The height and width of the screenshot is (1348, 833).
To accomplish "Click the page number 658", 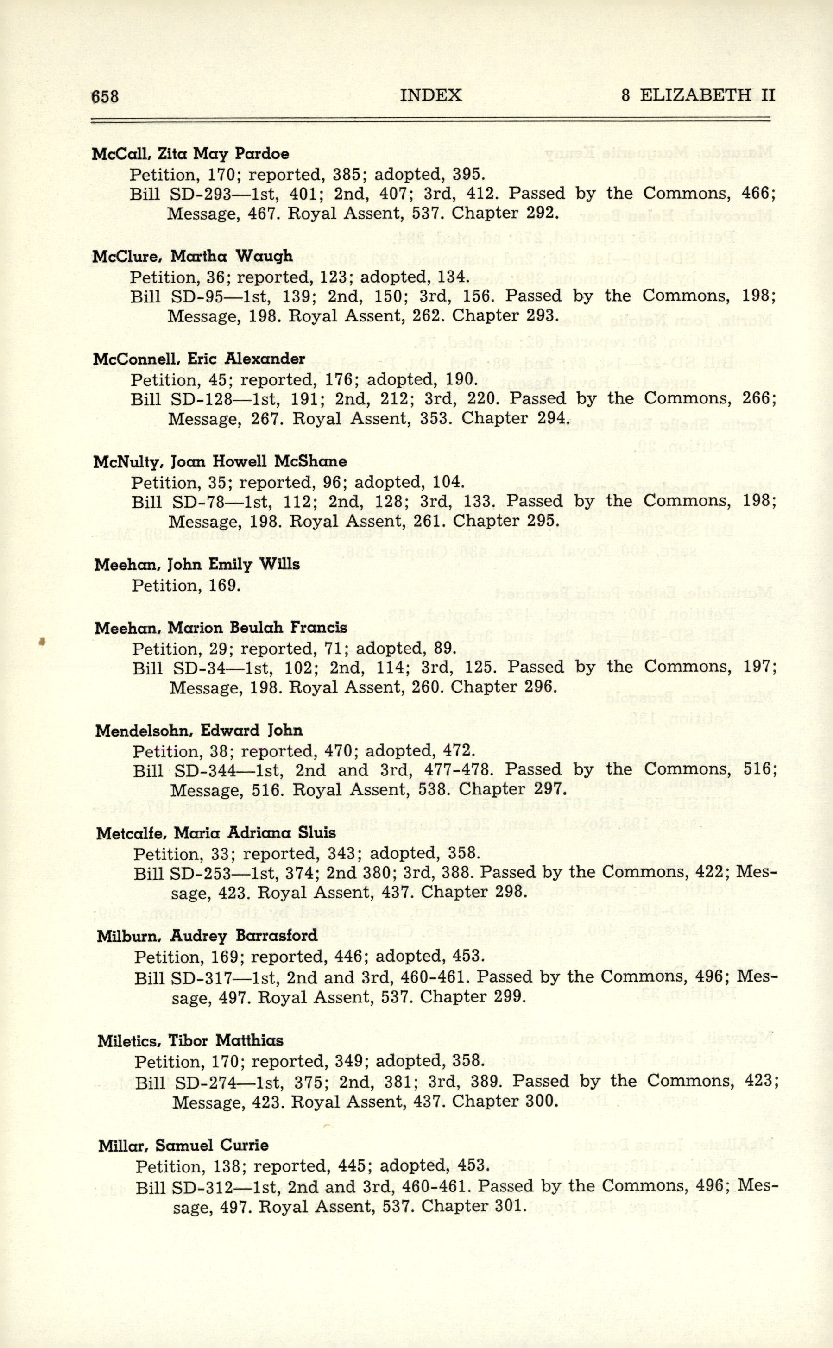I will (x=105, y=96).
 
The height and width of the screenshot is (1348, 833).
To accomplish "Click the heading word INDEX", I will (x=430, y=95).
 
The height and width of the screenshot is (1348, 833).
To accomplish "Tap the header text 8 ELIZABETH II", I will (x=697, y=95).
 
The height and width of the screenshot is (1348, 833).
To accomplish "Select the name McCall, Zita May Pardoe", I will (x=190, y=154).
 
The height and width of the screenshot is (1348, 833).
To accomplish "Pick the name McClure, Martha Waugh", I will (x=192, y=256).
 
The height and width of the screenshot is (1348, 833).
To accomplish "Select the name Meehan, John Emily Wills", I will (x=197, y=565).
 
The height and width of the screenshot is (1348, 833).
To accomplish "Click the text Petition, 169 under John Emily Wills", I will (x=186, y=585).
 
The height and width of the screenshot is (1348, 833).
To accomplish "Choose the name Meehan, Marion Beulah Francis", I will (x=221, y=628).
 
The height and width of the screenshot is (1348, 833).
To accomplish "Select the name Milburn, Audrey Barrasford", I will (x=207, y=935).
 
